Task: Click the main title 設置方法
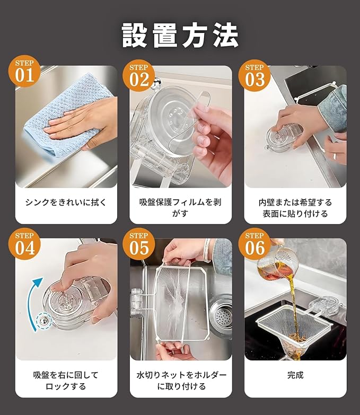[180, 35]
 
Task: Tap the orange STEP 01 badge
[24, 71]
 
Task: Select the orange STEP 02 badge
[139, 76]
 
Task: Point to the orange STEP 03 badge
[254, 76]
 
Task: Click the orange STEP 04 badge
[24, 244]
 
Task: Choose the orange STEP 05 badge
[139, 244]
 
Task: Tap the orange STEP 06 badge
[254, 244]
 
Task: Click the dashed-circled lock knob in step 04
[44, 321]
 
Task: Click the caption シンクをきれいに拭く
[66, 202]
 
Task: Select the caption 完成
[295, 375]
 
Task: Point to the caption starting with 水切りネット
[181, 381]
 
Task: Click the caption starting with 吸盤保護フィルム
[180, 208]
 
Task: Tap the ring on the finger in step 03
[335, 157]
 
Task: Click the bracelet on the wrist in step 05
[207, 250]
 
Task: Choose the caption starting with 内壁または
[295, 208]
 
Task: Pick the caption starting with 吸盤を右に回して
[66, 381]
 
